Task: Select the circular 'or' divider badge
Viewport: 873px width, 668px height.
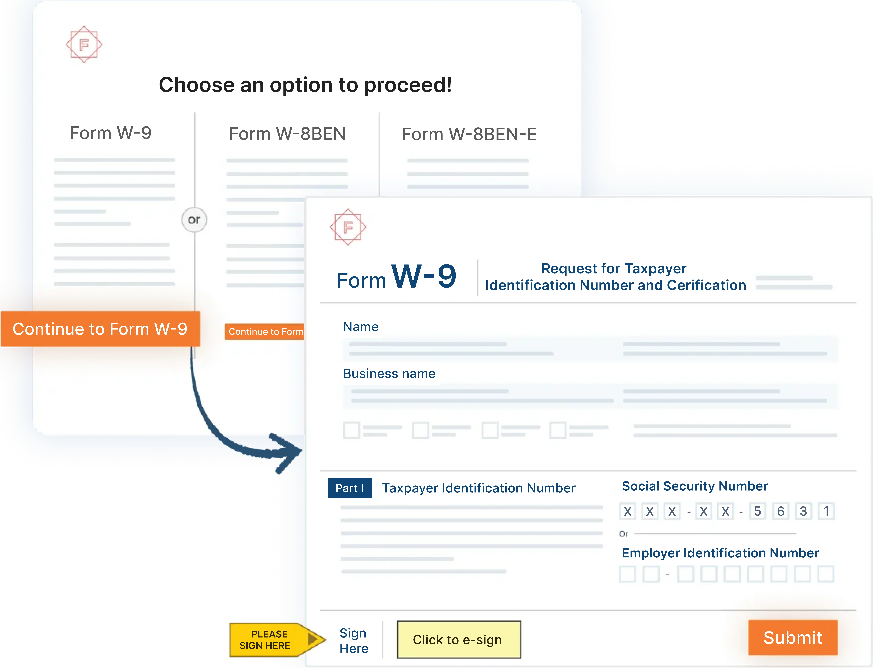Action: click(194, 219)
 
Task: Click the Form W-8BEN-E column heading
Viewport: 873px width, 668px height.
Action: click(469, 134)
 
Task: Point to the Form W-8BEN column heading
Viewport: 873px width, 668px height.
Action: click(287, 134)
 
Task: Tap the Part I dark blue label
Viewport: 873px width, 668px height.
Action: click(349, 488)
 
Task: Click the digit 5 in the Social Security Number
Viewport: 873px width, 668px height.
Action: click(757, 511)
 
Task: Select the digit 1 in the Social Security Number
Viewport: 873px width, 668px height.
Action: click(826, 511)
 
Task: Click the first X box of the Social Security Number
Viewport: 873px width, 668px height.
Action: click(627, 511)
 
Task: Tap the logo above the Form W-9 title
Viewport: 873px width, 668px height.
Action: click(348, 227)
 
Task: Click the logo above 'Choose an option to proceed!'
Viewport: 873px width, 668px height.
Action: click(84, 44)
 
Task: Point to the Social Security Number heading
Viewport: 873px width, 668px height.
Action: click(694, 486)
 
